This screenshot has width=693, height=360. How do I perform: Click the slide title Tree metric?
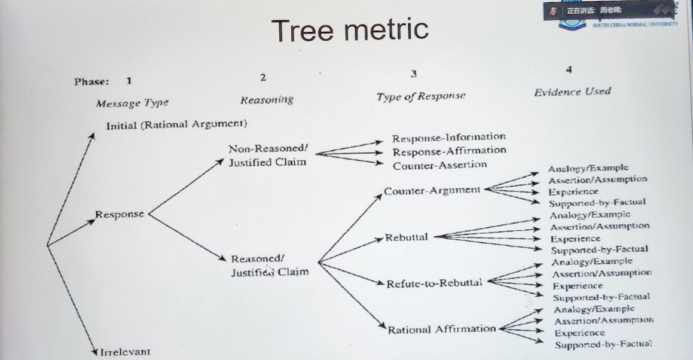pos(350,30)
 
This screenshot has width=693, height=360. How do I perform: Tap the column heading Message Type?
pos(132,103)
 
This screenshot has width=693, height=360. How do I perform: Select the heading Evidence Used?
pos(572,91)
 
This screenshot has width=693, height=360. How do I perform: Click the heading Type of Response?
pos(420,96)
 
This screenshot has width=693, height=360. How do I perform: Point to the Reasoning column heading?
pos(267,100)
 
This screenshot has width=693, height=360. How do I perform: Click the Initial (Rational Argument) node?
pos(176,124)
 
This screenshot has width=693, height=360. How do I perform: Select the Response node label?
pos(120,214)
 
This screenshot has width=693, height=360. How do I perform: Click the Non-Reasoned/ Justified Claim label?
pos(267,155)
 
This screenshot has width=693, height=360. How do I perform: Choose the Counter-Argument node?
pos(432,190)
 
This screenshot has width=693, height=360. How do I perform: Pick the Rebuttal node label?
pos(407,237)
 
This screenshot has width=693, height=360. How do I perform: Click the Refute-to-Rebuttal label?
pos(434,282)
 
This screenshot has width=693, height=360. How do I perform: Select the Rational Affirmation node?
pos(442,329)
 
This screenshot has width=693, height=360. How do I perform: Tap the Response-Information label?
pos(448,138)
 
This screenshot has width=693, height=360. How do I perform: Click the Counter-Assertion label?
pos(439,164)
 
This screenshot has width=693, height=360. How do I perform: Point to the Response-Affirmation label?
pos(449,151)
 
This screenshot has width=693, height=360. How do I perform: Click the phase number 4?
pos(568,69)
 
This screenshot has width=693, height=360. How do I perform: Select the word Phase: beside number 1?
pos(91,81)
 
